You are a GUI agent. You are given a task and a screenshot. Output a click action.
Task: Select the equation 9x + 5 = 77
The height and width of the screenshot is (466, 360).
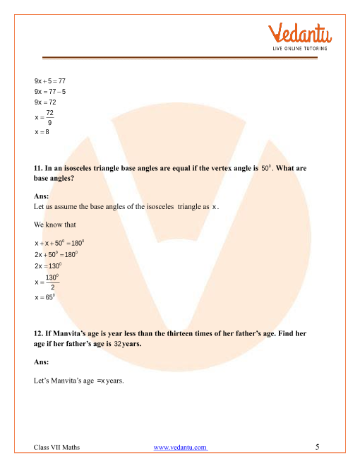point(49,82)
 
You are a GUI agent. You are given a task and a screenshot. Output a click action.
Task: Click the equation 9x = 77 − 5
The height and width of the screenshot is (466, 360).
point(49,92)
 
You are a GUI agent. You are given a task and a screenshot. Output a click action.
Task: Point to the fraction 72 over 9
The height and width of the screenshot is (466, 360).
point(50,118)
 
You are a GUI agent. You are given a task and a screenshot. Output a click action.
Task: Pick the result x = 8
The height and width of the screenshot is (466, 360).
point(42,132)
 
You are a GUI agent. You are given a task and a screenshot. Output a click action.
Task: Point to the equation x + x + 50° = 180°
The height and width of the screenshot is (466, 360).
point(59,243)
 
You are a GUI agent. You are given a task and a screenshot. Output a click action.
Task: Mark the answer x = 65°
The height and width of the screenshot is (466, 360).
point(45,298)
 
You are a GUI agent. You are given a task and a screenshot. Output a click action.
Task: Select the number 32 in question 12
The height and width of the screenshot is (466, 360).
point(118,343)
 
